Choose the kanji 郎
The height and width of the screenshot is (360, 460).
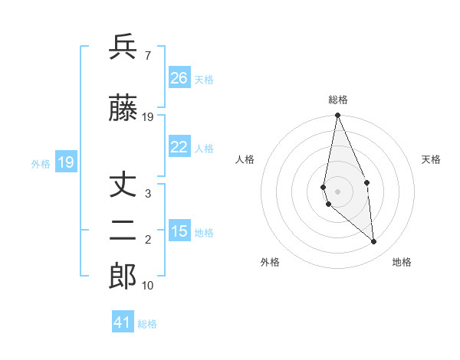pyautogui.click(x=123, y=277)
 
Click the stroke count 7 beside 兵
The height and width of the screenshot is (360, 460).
pyautogui.click(x=147, y=56)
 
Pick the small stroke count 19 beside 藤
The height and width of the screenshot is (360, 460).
pyautogui.click(x=149, y=117)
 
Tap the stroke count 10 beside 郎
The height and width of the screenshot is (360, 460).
pyautogui.click(x=149, y=286)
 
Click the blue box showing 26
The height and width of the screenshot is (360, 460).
pyautogui.click(x=179, y=78)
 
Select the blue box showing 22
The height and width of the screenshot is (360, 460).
pyautogui.click(x=179, y=148)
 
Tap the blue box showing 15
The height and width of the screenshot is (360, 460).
pyautogui.click(x=179, y=231)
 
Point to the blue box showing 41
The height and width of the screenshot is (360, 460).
pyautogui.click(x=123, y=322)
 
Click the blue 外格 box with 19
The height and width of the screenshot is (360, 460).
pyautogui.click(x=65, y=162)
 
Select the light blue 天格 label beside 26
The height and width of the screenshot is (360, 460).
pyautogui.click(x=204, y=80)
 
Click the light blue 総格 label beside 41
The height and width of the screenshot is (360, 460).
pyautogui.click(x=147, y=324)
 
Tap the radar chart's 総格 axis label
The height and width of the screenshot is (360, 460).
pyautogui.click(x=337, y=100)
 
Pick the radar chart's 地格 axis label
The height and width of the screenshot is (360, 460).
pyautogui.click(x=402, y=262)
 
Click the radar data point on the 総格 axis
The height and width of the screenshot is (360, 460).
pyautogui.click(x=337, y=116)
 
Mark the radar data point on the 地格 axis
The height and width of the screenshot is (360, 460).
pyautogui.click(x=374, y=241)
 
